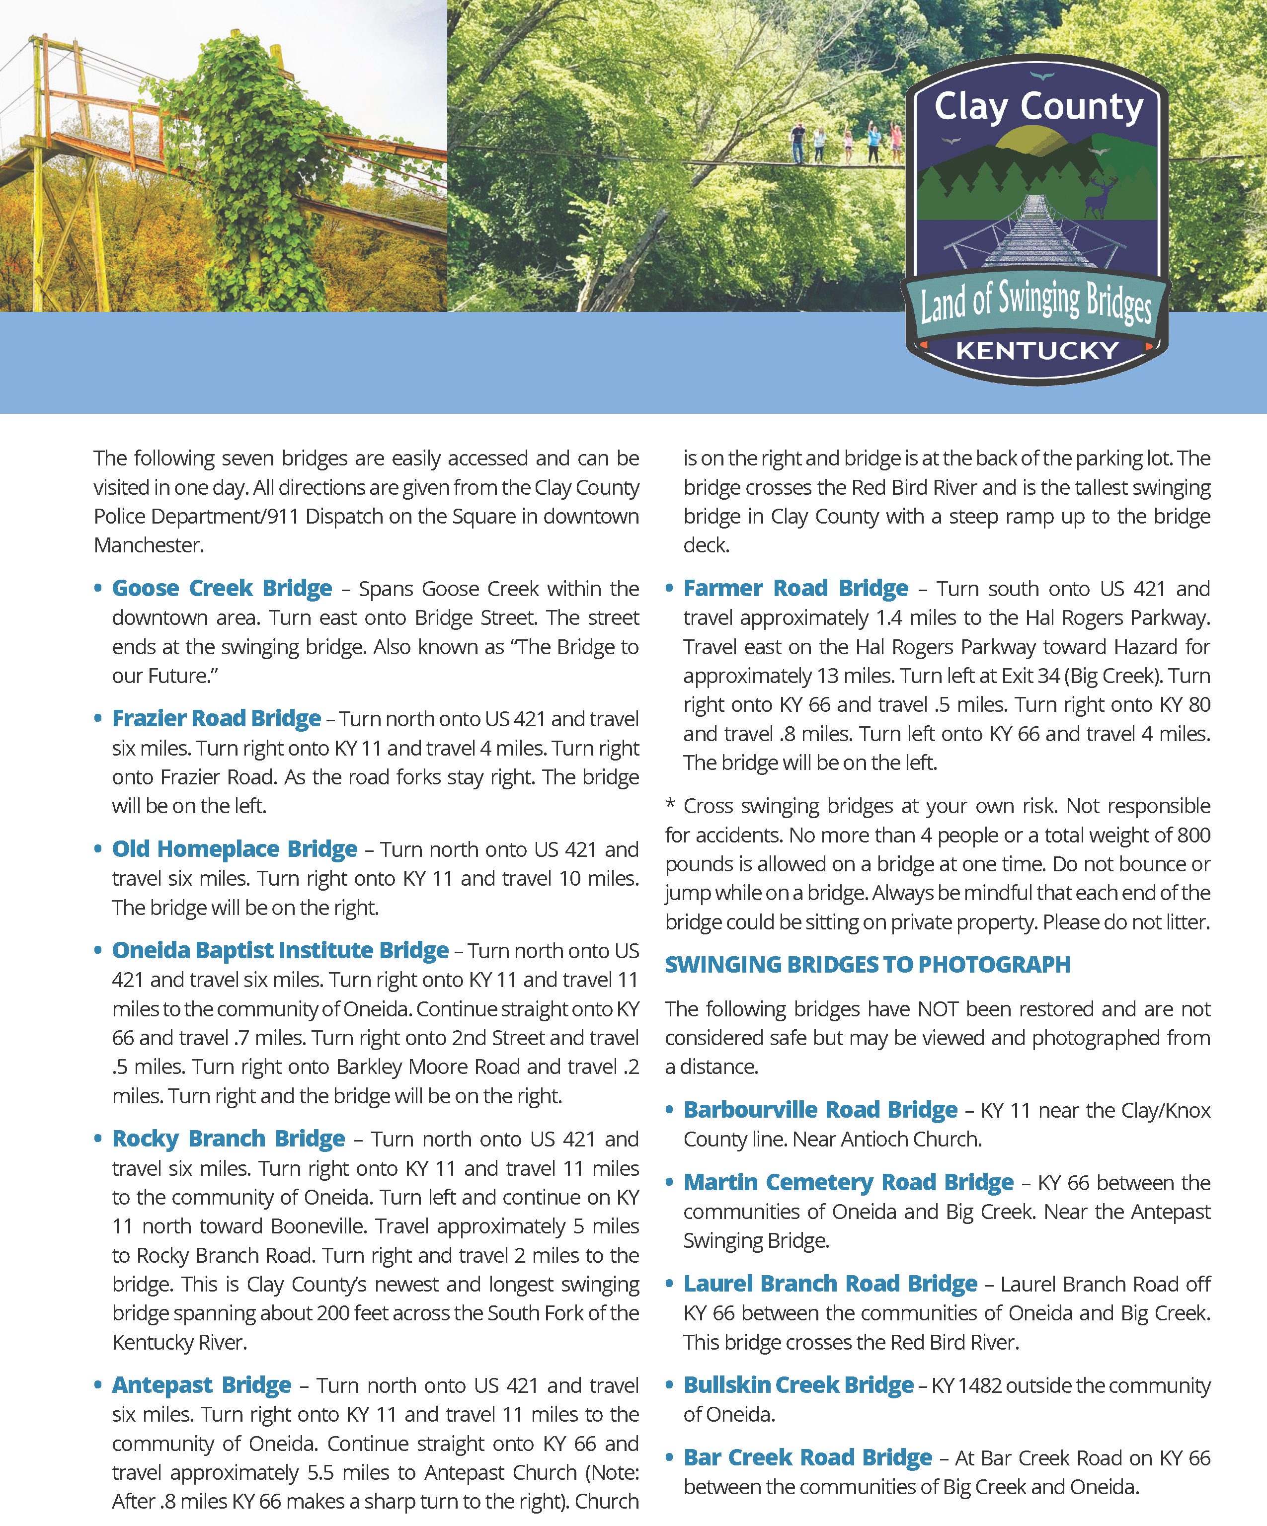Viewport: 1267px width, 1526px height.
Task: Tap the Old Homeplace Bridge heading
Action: pos(234,849)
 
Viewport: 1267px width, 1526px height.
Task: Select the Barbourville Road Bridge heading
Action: pos(820,1110)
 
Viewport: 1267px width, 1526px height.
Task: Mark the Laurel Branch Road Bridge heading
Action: pos(830,1284)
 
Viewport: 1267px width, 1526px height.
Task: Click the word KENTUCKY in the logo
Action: pos(1037,351)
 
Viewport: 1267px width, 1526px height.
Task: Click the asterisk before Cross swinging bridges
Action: pos(670,804)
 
